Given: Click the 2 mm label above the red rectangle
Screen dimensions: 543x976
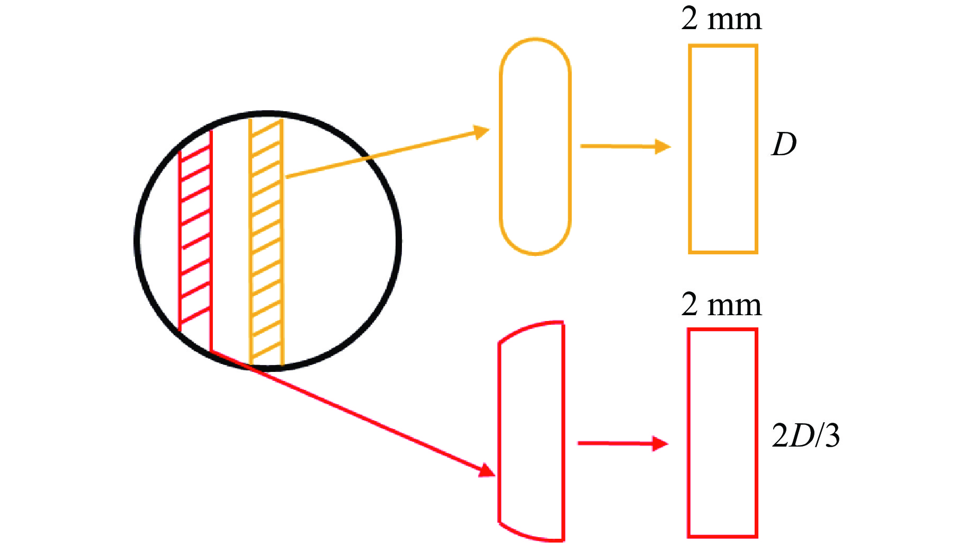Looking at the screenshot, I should pos(721,305).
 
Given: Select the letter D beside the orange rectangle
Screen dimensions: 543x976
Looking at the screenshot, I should pos(783,144).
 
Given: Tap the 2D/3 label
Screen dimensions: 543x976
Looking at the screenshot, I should pos(805,436).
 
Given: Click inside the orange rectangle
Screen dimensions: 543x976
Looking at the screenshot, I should pos(723,148).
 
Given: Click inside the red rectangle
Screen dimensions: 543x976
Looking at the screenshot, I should pos(722,432).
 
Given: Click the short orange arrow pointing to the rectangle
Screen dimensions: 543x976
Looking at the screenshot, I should pos(625,146).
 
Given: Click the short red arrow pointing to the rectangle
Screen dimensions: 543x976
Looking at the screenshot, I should pos(623,443).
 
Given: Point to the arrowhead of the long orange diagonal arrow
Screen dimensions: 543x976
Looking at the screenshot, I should pos(481,131).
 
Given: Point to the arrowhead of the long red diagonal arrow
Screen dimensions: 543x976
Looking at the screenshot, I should pos(486,470).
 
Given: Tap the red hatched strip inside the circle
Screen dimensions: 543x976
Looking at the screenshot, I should pos(195,238).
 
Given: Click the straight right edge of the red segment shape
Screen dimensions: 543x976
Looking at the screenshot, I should pos(563,431).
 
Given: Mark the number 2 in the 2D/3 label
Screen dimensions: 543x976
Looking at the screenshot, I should pos(780,437).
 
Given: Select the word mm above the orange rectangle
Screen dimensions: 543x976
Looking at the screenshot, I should pos(735,20).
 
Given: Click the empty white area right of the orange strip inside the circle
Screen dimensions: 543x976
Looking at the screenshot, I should pos(339,249).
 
